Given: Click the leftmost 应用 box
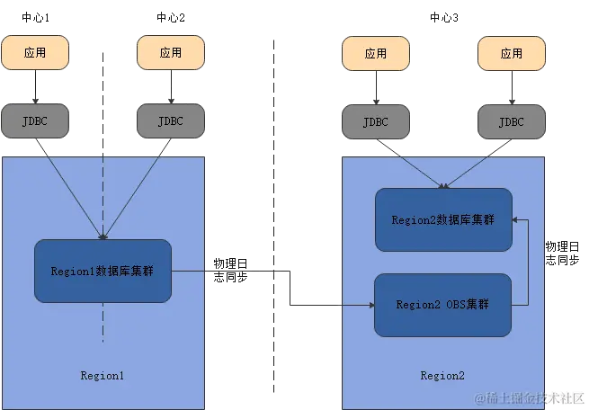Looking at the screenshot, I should pos(35,53).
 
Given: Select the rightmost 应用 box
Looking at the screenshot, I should pos(510,53).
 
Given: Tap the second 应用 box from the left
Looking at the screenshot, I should pos(171,53).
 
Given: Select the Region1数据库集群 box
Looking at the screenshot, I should pos(103,271).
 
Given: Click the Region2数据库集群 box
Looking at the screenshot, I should pos(443,219).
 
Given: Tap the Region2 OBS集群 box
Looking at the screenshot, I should pos(443,305).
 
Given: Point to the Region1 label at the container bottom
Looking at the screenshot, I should pos(103,375).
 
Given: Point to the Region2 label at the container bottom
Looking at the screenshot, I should pos(442,375).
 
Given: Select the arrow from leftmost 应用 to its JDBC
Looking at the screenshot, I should pos(35,88).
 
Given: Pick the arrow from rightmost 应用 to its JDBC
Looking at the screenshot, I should pos(510,88).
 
